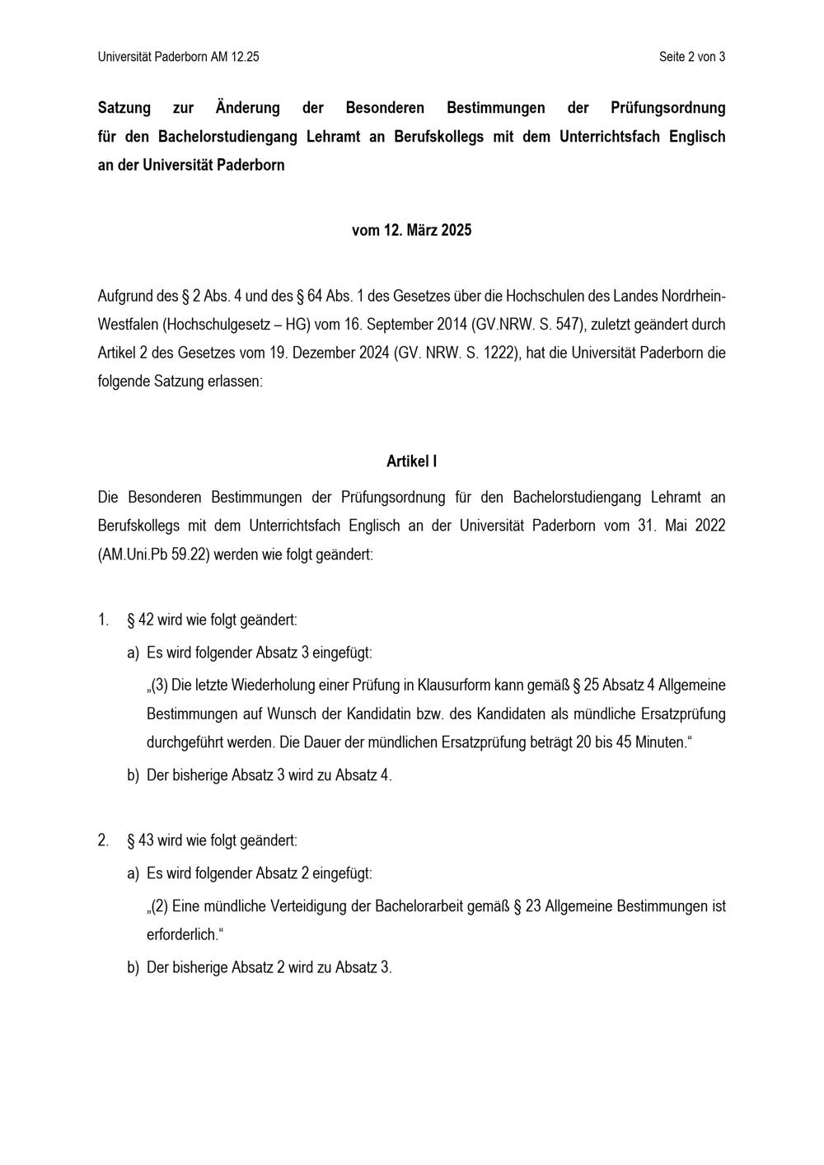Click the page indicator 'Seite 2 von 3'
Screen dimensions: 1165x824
coord(691,57)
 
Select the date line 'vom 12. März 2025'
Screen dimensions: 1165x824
coord(411,231)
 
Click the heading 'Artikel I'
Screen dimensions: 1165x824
coord(411,461)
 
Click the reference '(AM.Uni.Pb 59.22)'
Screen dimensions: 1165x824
coord(153,554)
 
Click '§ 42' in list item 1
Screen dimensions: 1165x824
coord(141,620)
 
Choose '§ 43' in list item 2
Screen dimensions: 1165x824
coord(141,840)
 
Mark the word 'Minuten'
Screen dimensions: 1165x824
coord(659,742)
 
